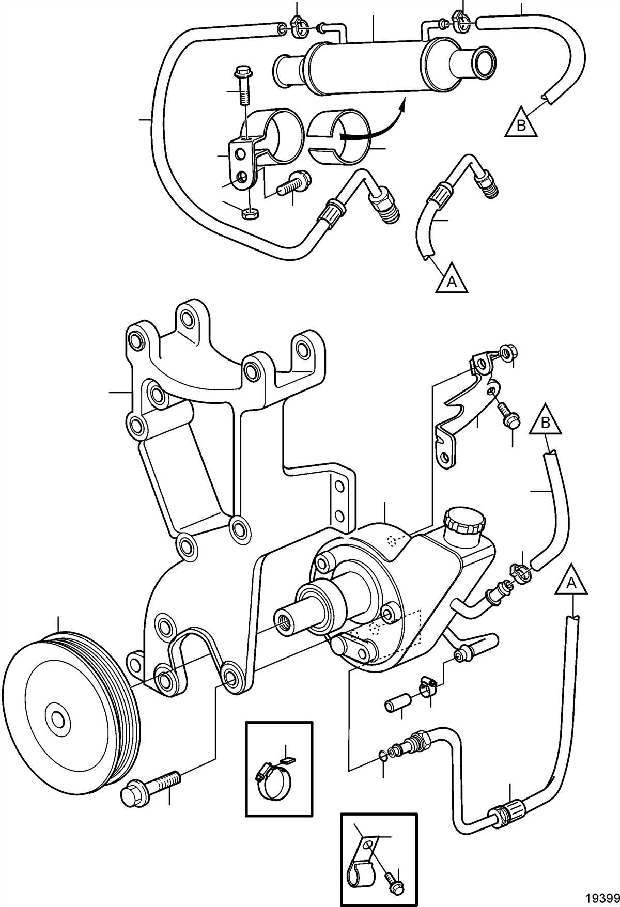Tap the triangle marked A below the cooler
(x=452, y=279)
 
